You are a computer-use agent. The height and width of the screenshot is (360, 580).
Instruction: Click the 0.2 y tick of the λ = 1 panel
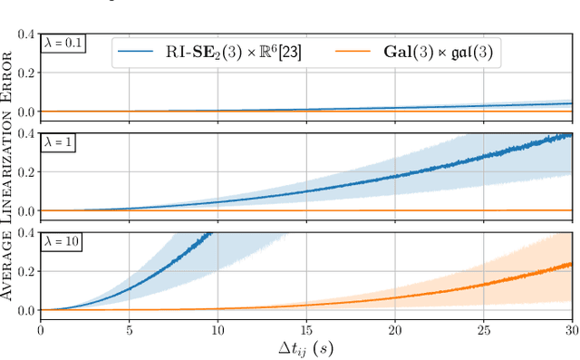pos(24,172)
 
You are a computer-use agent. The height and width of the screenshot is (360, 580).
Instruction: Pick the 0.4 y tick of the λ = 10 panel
pos(24,233)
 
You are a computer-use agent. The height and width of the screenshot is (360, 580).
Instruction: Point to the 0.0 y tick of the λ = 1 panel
pos(24,210)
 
